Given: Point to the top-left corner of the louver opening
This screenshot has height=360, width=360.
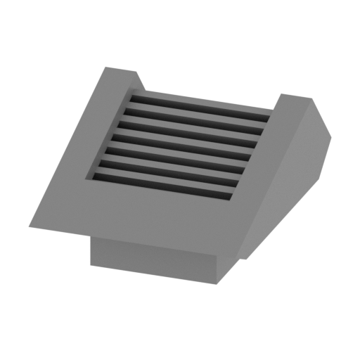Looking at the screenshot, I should pos(128,90).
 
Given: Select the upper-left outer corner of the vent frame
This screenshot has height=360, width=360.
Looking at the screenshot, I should pos(105,67).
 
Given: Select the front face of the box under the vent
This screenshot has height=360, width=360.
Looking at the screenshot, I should pos(151,257).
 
